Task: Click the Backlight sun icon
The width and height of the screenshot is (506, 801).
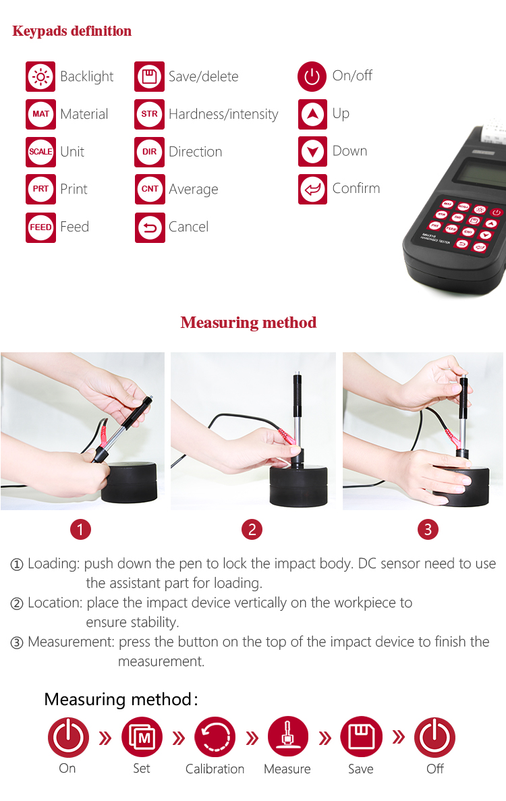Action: pyautogui.click(x=41, y=77)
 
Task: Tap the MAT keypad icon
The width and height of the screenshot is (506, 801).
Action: pyautogui.click(x=41, y=114)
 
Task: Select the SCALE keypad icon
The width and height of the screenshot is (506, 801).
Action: pyautogui.click(x=41, y=152)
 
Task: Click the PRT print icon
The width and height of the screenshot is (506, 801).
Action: pyautogui.click(x=41, y=189)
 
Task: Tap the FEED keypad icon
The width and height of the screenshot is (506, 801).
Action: pyautogui.click(x=41, y=227)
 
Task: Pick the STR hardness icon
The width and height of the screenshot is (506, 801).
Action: pyautogui.click(x=150, y=114)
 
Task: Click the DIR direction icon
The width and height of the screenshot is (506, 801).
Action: pyautogui.click(x=150, y=152)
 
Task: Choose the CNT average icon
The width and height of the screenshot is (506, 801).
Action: pyautogui.click(x=150, y=189)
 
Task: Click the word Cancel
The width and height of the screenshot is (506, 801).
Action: pyautogui.click(x=188, y=227)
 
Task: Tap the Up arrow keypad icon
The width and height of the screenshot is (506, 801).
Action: pyautogui.click(x=312, y=114)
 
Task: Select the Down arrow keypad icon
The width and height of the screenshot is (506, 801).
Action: pyautogui.click(x=312, y=152)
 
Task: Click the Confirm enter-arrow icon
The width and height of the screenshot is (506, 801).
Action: pyautogui.click(x=312, y=189)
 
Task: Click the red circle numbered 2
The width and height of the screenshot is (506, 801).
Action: pyautogui.click(x=252, y=530)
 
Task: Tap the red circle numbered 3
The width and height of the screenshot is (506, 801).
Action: pyautogui.click(x=428, y=530)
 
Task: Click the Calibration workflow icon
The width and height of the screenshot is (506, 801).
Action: pyautogui.click(x=215, y=737)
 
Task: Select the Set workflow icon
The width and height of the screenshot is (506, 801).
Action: pyautogui.click(x=142, y=737)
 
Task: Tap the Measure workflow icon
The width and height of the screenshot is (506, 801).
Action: pyautogui.click(x=288, y=737)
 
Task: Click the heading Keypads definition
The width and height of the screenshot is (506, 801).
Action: pyautogui.click(x=72, y=31)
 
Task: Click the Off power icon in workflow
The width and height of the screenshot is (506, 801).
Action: pyautogui.click(x=434, y=737)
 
